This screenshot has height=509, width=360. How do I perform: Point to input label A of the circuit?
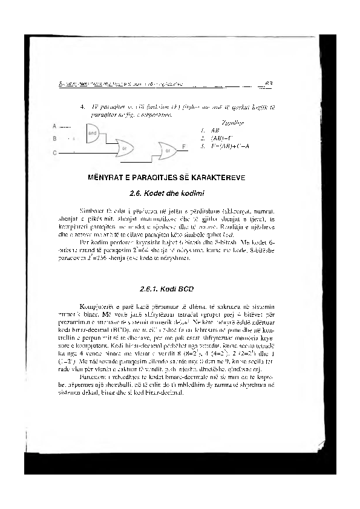coord(55,126)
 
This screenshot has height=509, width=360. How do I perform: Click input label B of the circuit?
coord(55,139)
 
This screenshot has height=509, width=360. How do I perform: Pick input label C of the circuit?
coord(55,152)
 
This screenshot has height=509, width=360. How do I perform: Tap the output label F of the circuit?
coord(184,147)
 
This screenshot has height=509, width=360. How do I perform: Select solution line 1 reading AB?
coord(214,130)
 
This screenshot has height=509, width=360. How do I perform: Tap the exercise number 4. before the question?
coord(82,107)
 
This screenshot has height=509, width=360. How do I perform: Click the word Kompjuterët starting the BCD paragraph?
coord(97,307)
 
